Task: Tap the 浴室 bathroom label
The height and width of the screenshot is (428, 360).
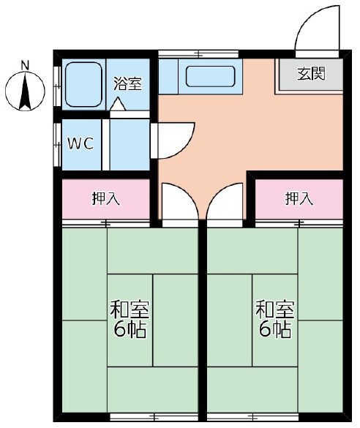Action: (x=127, y=83)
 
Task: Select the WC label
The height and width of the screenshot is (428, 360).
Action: (x=80, y=143)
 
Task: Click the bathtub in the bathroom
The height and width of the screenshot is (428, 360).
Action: (x=83, y=84)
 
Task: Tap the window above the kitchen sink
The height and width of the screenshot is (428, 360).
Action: (x=198, y=53)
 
